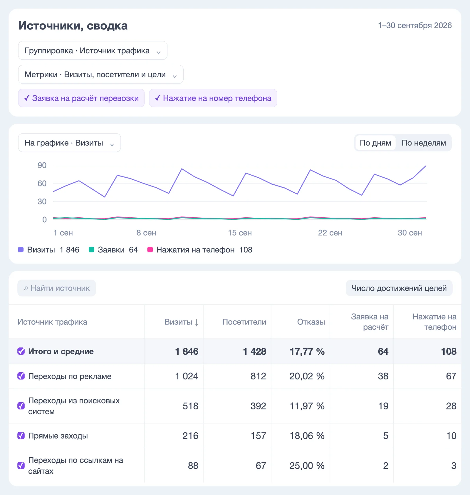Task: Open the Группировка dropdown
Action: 93,51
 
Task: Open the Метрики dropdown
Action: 101,74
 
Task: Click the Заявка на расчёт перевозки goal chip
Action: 81,98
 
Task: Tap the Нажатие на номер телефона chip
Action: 213,98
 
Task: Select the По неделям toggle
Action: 424,143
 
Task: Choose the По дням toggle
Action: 375,143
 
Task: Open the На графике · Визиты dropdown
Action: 69,143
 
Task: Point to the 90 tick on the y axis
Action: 42,165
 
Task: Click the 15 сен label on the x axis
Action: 240,233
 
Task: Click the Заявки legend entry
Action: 113,250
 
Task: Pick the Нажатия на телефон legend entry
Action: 200,250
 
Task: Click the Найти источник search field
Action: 57,288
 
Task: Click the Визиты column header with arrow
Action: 182,322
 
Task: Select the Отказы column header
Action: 311,322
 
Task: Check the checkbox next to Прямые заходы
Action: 21,436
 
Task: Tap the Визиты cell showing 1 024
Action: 187,376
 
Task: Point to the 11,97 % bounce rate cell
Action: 307,406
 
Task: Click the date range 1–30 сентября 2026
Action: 415,26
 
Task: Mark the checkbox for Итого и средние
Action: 21,351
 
